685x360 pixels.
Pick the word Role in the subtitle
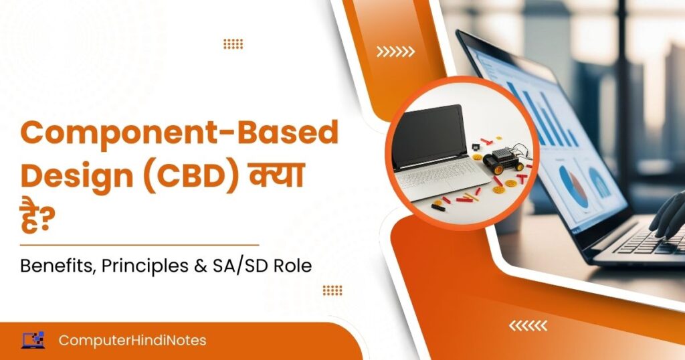[x=293, y=266]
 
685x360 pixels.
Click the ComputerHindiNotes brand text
[x=132, y=341]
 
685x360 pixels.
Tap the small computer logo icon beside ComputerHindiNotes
[x=33, y=340]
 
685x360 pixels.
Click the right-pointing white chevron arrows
[x=395, y=52]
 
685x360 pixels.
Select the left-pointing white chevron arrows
[x=528, y=325]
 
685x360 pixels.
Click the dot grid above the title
[x=233, y=43]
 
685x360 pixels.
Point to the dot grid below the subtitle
[x=332, y=290]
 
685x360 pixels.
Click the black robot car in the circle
[x=503, y=159]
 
